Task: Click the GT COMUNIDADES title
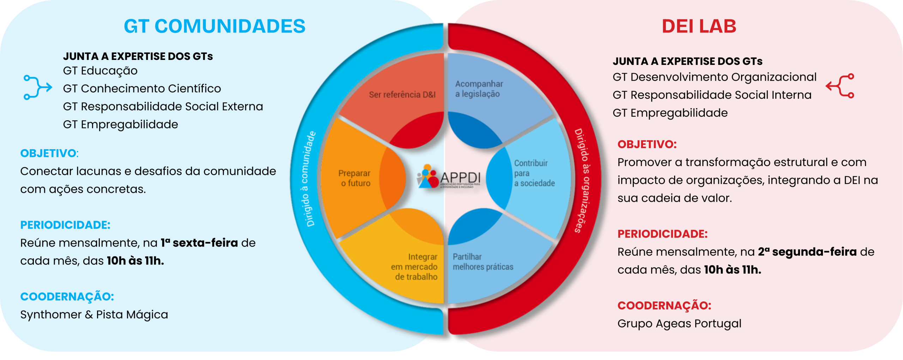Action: tap(214, 26)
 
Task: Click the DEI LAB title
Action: tap(699, 26)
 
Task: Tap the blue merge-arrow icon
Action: tap(37, 87)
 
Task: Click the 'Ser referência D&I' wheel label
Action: tap(402, 95)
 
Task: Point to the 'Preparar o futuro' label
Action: tap(354, 178)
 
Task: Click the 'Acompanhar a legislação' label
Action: tap(479, 89)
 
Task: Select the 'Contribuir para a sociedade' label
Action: tap(534, 173)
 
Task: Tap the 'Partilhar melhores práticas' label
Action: tap(483, 262)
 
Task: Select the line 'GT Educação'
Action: tap(100, 71)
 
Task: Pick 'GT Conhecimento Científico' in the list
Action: tap(142, 89)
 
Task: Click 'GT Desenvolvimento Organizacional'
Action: tap(714, 77)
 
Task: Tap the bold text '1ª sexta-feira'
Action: tap(199, 243)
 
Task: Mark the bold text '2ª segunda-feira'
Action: tap(807, 252)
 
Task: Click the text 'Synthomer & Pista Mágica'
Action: tap(94, 315)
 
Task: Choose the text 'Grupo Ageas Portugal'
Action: tap(679, 324)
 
